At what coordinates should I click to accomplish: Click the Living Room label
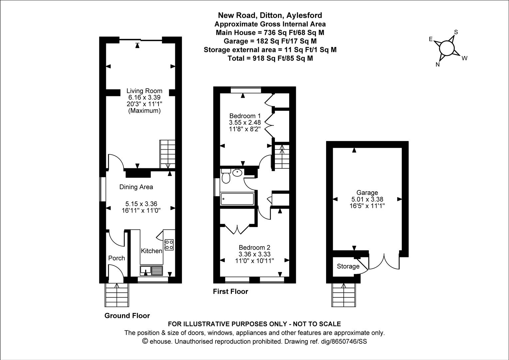[144, 91]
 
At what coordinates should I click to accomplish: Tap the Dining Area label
[136, 187]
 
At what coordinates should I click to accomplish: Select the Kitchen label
[151, 251]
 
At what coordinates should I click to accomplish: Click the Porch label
[117, 258]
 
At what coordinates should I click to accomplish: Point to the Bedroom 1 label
[245, 116]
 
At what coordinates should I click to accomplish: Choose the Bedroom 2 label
[254, 247]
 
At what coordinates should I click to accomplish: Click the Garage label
[367, 192]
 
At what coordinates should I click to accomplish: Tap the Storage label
[348, 266]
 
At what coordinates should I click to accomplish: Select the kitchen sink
[151, 270]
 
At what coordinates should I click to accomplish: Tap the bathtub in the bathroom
[237, 199]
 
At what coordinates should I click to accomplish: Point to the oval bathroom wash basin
[237, 173]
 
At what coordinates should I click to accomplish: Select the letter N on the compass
[438, 65]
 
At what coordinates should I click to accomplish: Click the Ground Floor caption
[127, 316]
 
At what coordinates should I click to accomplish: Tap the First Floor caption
[231, 292]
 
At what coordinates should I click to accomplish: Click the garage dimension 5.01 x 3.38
[367, 199]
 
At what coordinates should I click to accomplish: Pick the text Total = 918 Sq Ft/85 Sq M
[270, 58]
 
